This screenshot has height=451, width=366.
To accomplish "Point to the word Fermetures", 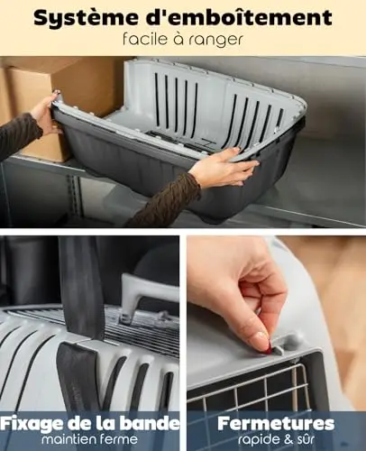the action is click(276, 423).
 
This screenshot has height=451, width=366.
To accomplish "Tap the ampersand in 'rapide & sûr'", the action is click(288, 439).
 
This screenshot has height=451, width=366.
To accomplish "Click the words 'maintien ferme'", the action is click(89, 439).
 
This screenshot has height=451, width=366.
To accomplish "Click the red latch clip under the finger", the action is click(268, 349).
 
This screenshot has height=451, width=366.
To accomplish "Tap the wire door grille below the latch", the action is click(255, 388).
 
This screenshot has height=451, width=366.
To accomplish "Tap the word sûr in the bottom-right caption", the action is click(306, 439).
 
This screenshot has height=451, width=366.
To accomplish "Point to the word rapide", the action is click(258, 440).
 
